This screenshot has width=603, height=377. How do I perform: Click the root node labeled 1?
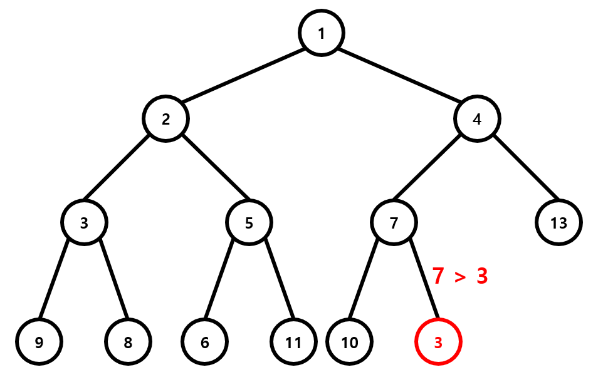[322, 33]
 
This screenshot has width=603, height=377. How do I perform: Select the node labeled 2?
[165, 119]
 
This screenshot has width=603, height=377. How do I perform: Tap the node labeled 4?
[477, 119]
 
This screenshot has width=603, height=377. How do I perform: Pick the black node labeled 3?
[84, 222]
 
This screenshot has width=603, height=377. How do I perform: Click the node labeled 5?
[249, 222]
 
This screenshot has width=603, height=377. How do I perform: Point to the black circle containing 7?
[394, 222]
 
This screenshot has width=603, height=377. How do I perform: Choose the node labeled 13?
[558, 222]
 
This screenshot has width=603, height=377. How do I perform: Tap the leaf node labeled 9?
[39, 342]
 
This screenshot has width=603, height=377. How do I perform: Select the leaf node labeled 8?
[128, 342]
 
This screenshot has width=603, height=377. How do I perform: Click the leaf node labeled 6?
[204, 342]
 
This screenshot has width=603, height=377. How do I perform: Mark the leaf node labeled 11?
[293, 342]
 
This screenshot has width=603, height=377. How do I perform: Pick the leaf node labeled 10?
[349, 342]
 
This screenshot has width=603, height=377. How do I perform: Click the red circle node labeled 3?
[438, 342]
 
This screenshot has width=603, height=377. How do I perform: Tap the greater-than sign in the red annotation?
[460, 277]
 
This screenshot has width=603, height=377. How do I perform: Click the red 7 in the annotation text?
[438, 276]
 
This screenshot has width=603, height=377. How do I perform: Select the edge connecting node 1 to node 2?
[243, 76]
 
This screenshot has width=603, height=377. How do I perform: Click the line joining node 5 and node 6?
[219, 279]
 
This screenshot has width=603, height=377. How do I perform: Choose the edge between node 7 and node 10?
[364, 279]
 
